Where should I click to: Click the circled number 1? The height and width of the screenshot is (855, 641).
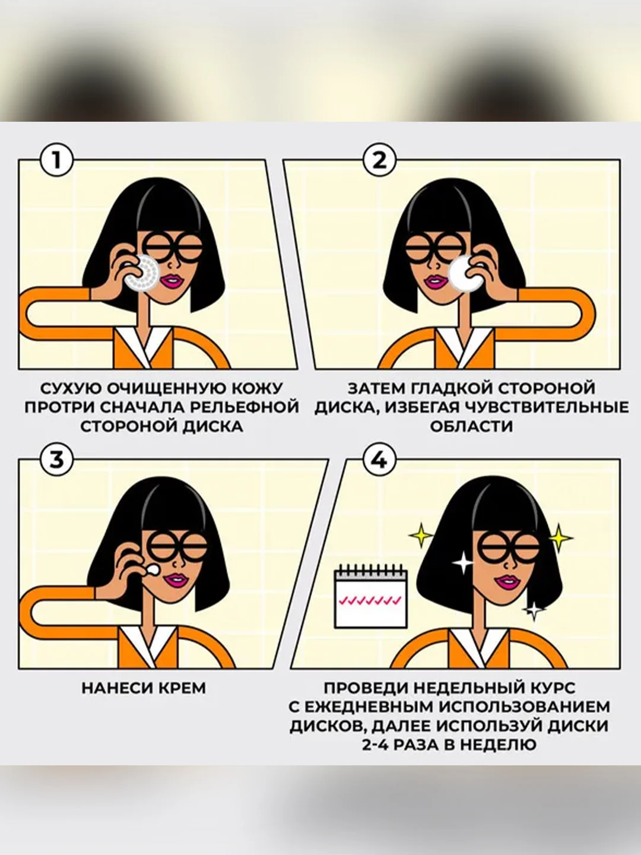coord(57,160)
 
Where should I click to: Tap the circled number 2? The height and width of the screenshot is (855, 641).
coord(379,160)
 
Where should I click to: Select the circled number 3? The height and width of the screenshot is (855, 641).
coord(57,460)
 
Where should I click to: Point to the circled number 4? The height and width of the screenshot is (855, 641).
coord(379,460)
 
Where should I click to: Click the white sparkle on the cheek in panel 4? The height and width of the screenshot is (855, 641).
coord(463,562)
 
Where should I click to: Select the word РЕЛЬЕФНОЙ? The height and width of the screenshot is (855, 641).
coord(244,408)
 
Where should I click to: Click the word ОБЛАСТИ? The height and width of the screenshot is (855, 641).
coord(471,426)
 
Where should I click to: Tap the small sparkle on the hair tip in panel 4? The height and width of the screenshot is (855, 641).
coord(534,610)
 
